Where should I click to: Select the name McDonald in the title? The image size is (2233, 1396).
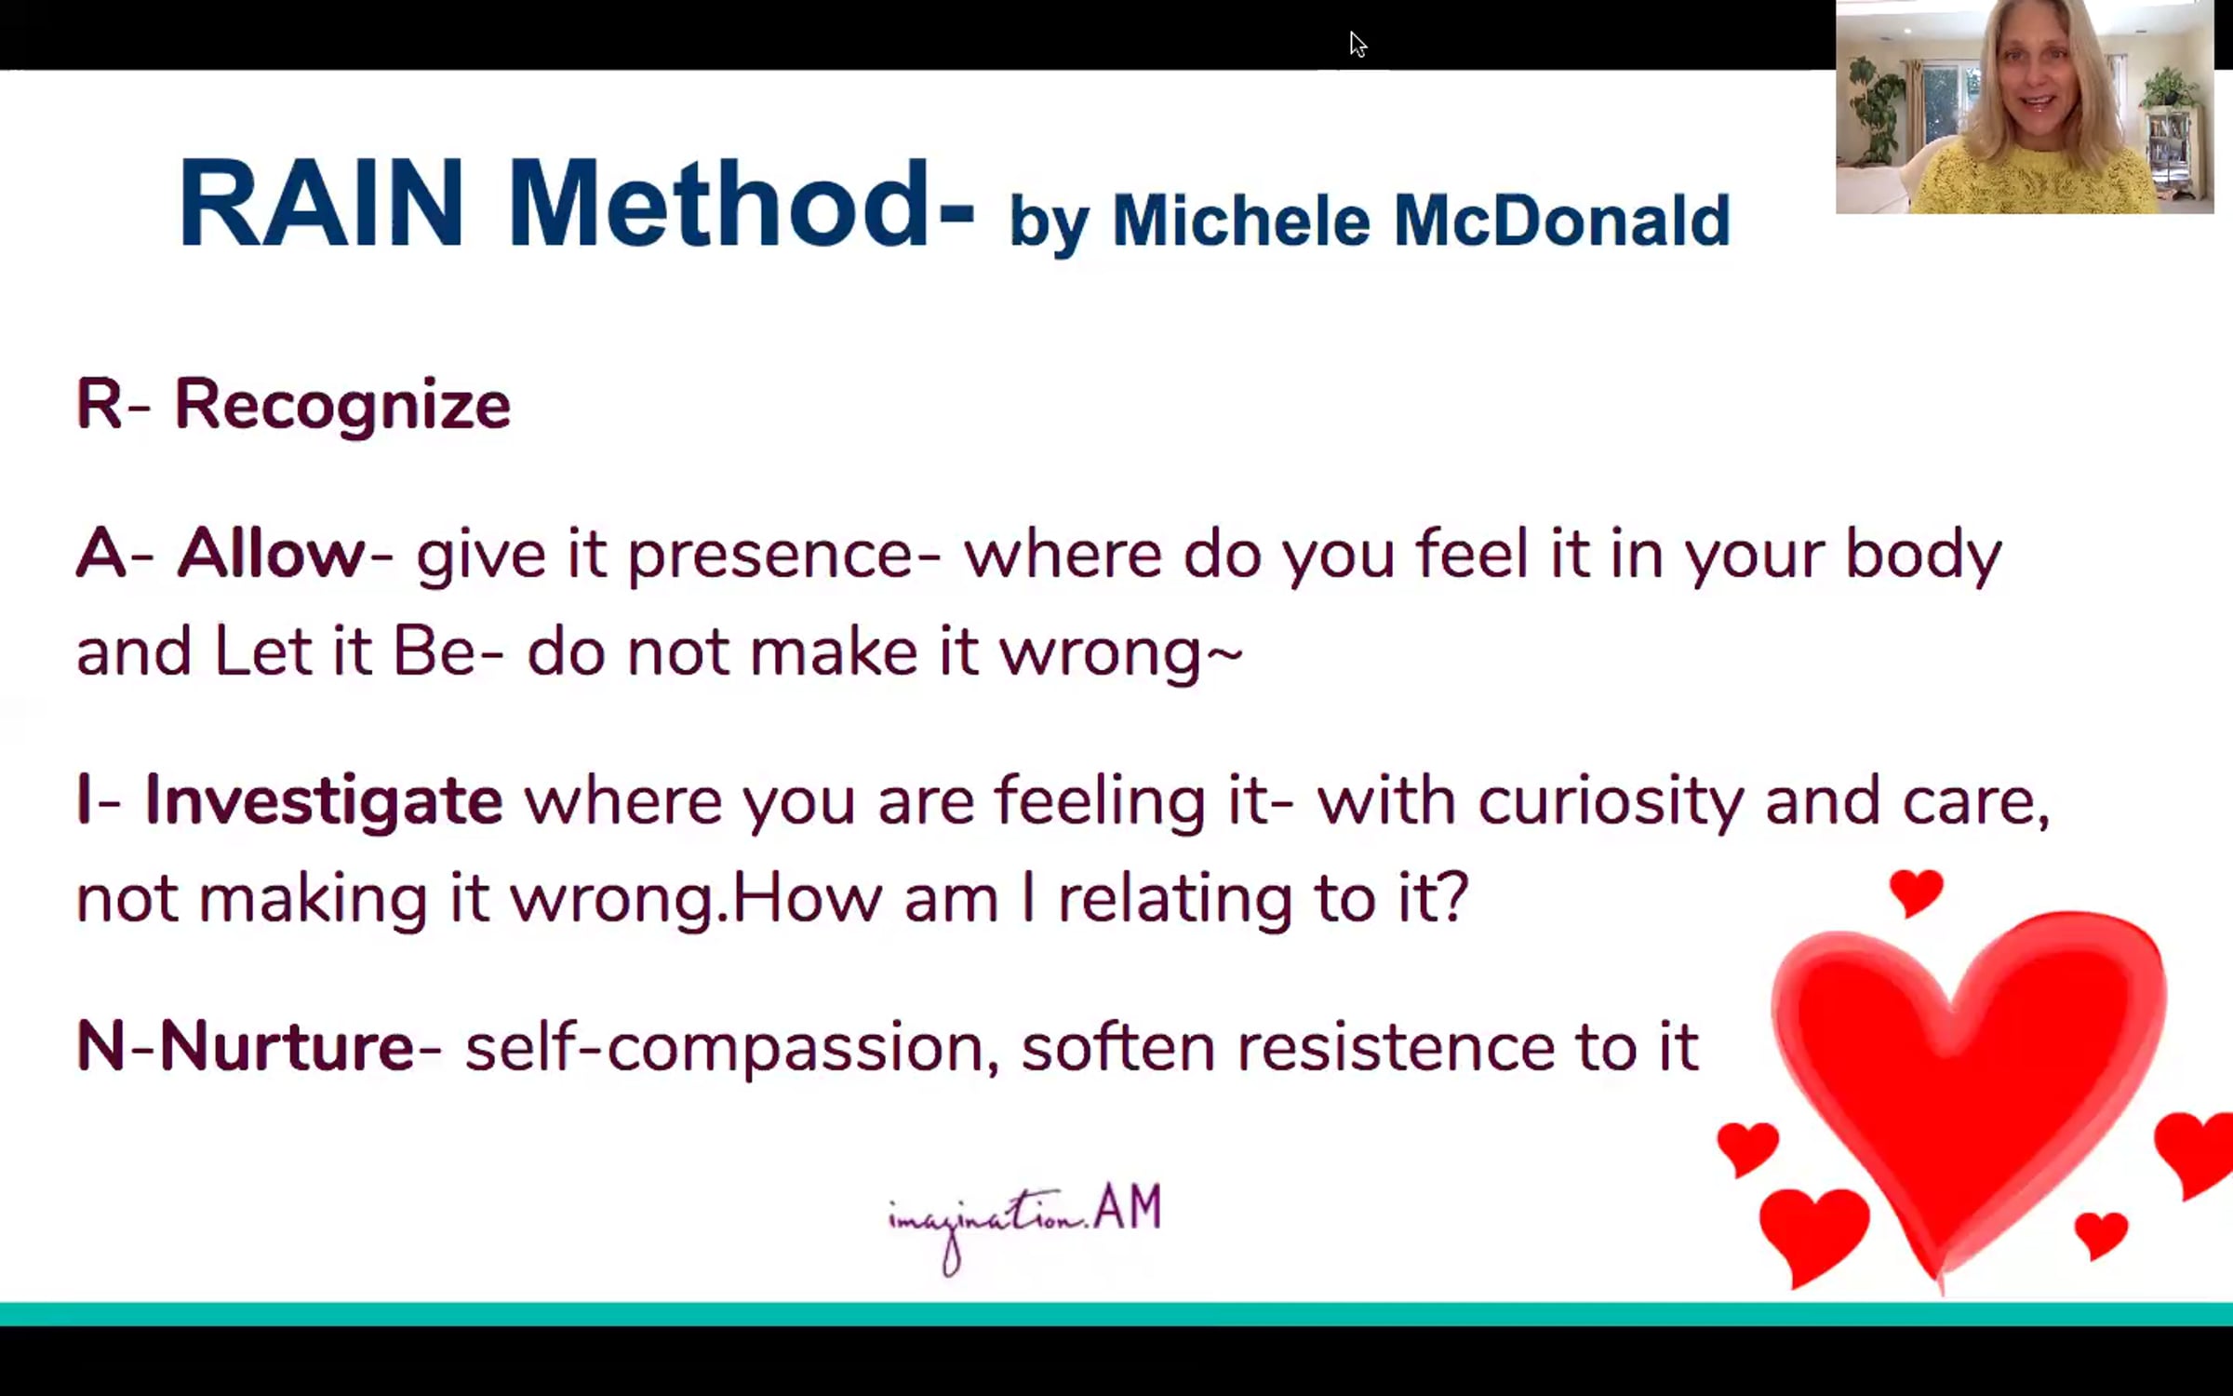pyautogui.click(x=1561, y=221)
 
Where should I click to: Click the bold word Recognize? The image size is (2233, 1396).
pyautogui.click(x=342, y=406)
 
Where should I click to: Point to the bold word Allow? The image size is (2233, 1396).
pyautogui.click(x=272, y=554)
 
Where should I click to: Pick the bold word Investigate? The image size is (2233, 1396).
pyautogui.click(x=324, y=801)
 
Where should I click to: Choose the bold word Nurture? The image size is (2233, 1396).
pyautogui.click(x=287, y=1046)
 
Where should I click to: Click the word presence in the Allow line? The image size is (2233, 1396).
pyautogui.click(x=770, y=557)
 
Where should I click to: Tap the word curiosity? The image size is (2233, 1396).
pyautogui.click(x=1611, y=801)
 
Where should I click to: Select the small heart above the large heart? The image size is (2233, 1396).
pyautogui.click(x=1916, y=893)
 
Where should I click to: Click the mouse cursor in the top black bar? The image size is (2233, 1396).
pyautogui.click(x=1357, y=44)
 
